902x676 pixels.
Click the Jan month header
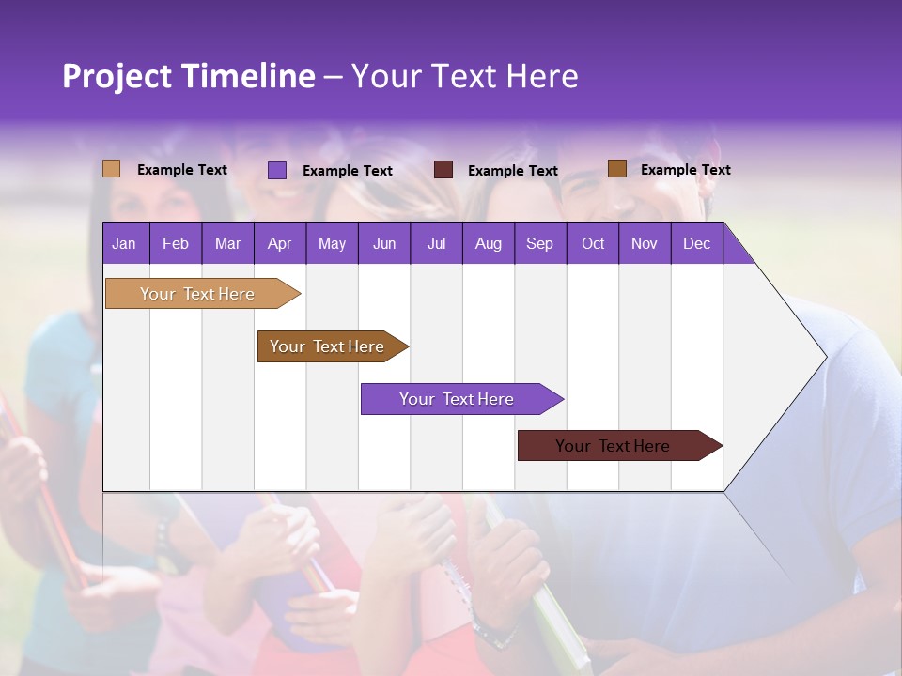click(124, 243)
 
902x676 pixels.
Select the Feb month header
click(176, 243)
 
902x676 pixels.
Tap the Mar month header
click(227, 243)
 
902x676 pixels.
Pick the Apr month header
click(279, 243)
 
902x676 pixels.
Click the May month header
click(332, 243)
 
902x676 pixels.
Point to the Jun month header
click(384, 243)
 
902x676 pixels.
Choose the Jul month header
click(436, 243)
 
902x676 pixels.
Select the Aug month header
click(488, 243)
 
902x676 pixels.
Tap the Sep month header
click(539, 243)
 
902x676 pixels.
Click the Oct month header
click(593, 243)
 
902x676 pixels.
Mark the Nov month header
click(645, 243)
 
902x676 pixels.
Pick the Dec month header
click(697, 243)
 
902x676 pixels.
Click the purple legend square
click(277, 170)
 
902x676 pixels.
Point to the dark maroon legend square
click(443, 170)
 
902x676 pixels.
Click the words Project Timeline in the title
click(189, 76)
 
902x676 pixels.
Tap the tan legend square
click(112, 169)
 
